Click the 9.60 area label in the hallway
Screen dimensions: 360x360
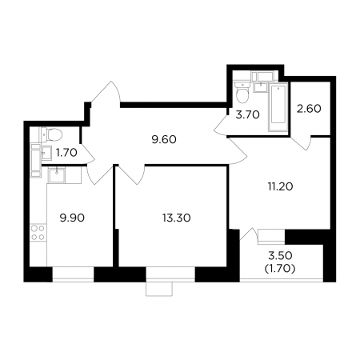(164, 139)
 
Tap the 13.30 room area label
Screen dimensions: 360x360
(176, 218)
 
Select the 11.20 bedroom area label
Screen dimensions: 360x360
(280, 186)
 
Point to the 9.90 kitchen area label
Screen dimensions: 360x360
(72, 218)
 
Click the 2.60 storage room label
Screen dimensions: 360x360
(309, 109)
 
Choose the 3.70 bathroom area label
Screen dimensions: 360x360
(247, 114)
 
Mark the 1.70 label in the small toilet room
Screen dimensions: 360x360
(66, 153)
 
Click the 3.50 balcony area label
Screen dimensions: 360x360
(280, 255)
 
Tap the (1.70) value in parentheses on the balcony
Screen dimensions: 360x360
(280, 269)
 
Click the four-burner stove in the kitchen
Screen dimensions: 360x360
(38, 233)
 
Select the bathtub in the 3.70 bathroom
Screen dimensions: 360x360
(278, 107)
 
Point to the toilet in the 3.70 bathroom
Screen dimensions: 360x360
(242, 93)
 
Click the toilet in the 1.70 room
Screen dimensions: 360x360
(52, 134)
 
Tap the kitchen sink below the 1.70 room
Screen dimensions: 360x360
(56, 175)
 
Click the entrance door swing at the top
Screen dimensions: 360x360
(106, 92)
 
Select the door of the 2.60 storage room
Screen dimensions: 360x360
(302, 143)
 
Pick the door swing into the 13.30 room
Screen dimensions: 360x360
(130, 174)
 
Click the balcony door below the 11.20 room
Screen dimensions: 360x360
(246, 234)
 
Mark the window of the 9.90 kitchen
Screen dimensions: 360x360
(73, 274)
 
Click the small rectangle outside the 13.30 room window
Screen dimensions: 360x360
(159, 289)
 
